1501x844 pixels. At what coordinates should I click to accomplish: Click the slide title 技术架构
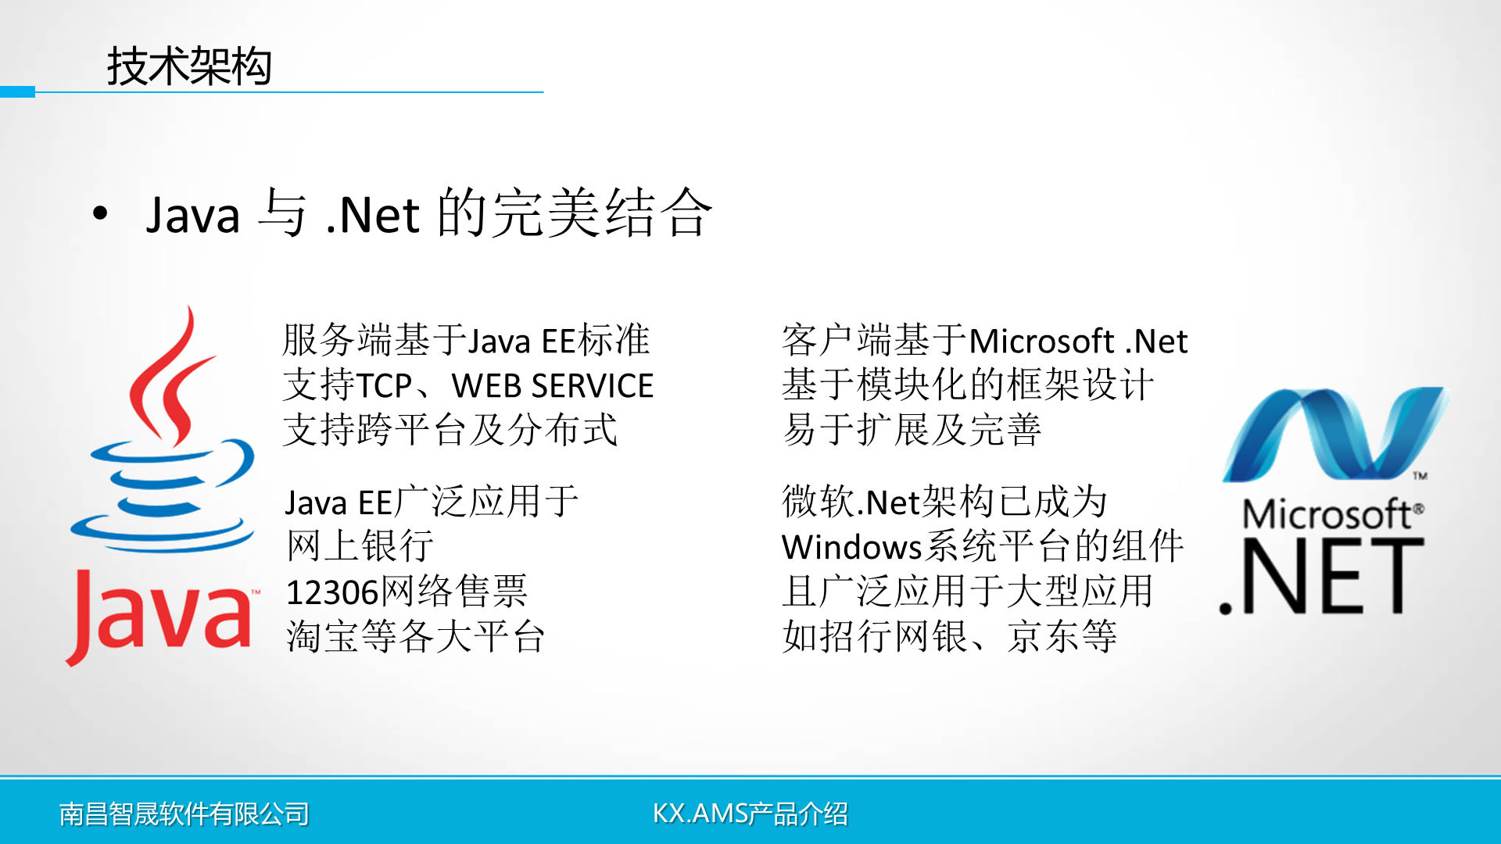(x=189, y=66)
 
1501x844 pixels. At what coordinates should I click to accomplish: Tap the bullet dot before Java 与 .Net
(x=100, y=213)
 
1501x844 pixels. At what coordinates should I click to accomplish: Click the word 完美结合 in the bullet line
(x=602, y=213)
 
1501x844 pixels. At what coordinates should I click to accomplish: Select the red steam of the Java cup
(x=167, y=375)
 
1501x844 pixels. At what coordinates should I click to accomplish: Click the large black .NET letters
(x=1321, y=577)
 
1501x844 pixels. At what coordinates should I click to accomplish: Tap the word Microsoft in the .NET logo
(x=1329, y=514)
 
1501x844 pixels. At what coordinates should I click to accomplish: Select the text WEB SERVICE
(x=553, y=386)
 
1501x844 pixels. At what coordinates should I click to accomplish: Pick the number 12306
(x=332, y=592)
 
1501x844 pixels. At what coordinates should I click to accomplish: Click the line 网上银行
(x=360, y=545)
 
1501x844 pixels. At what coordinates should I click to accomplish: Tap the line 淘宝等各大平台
(x=415, y=636)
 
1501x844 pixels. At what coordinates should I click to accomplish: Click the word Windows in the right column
(x=852, y=547)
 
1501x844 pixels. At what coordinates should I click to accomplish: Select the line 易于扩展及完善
(x=912, y=430)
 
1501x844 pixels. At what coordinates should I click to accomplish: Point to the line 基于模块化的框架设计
(x=968, y=384)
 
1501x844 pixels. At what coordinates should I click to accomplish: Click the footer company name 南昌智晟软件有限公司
(x=184, y=814)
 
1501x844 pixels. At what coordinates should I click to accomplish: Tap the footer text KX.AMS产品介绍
(x=750, y=814)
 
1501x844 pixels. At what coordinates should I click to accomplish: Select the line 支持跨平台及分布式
(x=450, y=430)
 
